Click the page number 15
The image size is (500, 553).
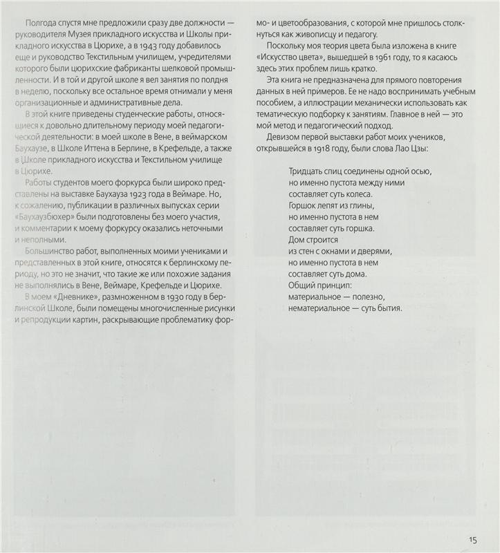[472, 541]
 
